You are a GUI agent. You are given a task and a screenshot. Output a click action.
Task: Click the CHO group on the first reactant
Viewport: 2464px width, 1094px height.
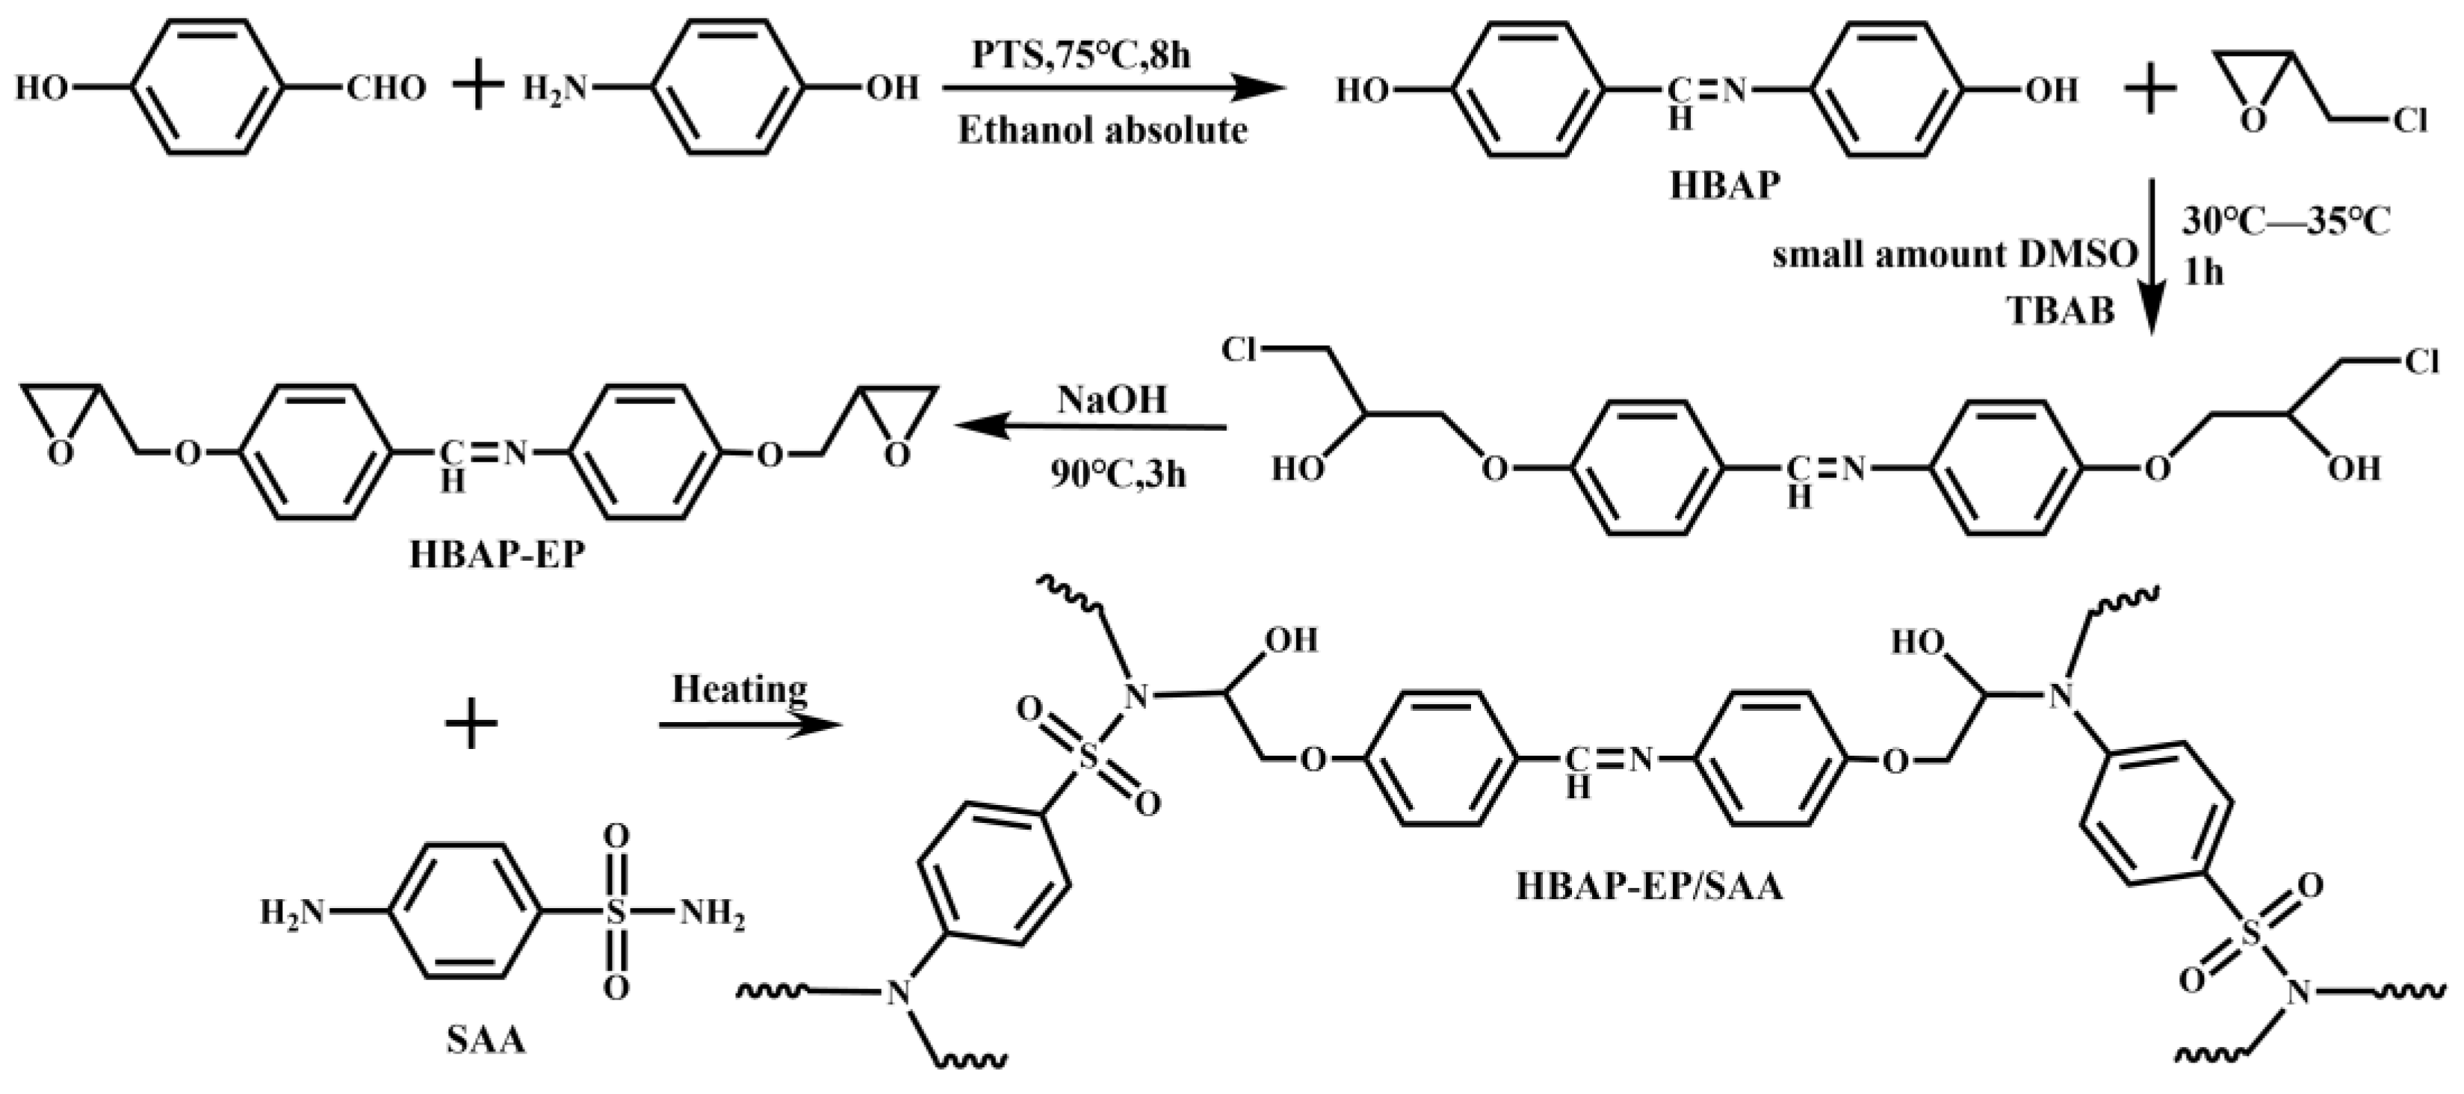[386, 89]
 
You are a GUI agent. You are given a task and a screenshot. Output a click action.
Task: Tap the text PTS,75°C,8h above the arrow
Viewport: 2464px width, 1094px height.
[1082, 55]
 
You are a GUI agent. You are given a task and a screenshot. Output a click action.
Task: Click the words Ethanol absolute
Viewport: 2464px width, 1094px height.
[1103, 130]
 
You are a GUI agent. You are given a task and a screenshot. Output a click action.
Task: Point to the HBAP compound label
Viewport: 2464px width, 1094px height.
[1724, 185]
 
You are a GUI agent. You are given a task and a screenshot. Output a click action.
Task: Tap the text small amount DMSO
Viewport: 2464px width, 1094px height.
[1954, 255]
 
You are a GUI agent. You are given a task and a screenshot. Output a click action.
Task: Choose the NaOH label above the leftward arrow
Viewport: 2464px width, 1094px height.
[1112, 400]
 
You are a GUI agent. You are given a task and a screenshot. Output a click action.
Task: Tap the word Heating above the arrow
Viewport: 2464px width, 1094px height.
[740, 689]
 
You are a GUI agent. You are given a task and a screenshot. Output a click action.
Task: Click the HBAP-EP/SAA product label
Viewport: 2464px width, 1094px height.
[1650, 887]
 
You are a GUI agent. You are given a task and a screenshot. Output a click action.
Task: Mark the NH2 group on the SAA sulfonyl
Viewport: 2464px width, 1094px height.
[713, 916]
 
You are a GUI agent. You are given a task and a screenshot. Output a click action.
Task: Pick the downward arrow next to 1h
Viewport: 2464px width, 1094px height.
[2151, 258]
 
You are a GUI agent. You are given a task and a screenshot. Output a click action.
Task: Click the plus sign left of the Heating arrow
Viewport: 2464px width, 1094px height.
[471, 724]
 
